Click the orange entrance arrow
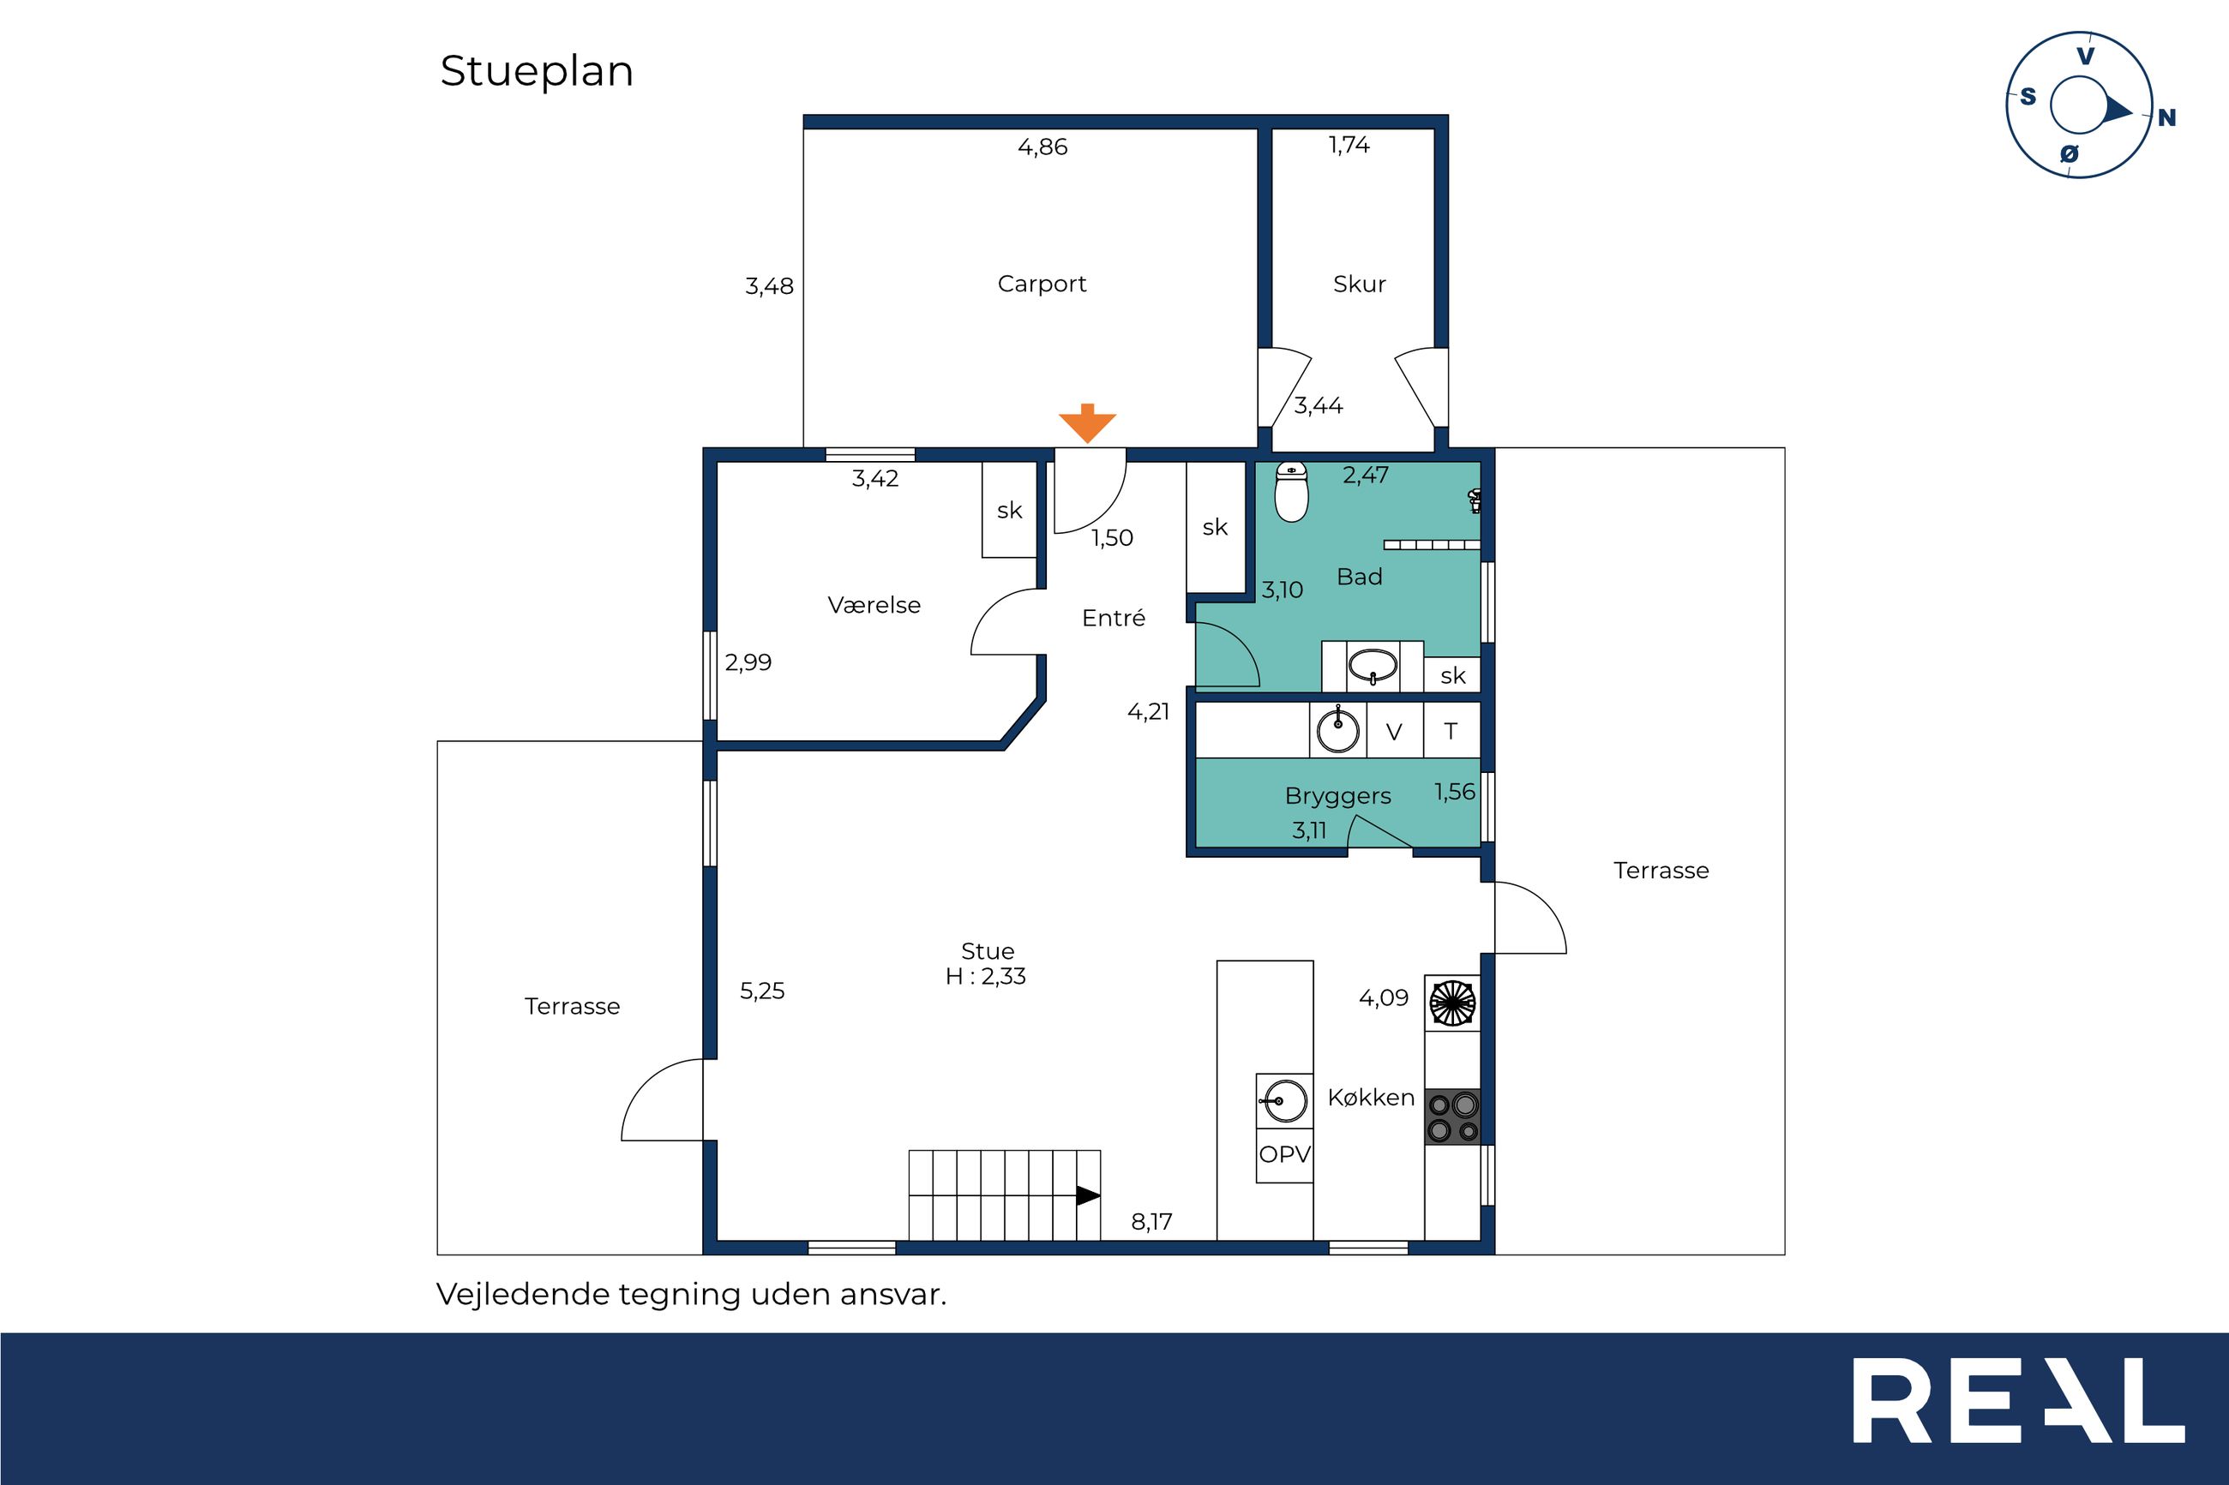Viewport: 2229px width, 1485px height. click(x=1088, y=423)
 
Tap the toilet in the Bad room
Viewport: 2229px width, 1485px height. click(x=1291, y=492)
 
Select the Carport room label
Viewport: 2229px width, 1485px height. click(x=1042, y=284)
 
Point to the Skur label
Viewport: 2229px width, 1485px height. click(x=1360, y=284)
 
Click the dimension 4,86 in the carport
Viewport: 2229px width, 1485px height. click(x=1042, y=147)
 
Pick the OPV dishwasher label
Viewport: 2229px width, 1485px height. click(x=1284, y=1154)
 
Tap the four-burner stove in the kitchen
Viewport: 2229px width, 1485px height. click(x=1453, y=1117)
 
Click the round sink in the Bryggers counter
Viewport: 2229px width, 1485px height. click(x=1338, y=730)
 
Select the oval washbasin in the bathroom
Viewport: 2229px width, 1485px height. click(x=1373, y=666)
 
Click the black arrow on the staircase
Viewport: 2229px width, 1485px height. click(x=1089, y=1196)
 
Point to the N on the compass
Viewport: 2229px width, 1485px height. click(x=2166, y=118)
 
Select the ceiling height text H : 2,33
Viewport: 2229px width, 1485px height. click(x=985, y=976)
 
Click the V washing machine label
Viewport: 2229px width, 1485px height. click(x=1393, y=732)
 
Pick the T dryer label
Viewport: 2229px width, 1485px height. click(x=1451, y=731)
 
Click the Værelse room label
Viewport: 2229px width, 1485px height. click(x=874, y=605)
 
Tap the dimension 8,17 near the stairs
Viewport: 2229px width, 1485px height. click(x=1152, y=1222)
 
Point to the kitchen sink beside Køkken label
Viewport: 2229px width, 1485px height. click(x=1284, y=1100)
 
